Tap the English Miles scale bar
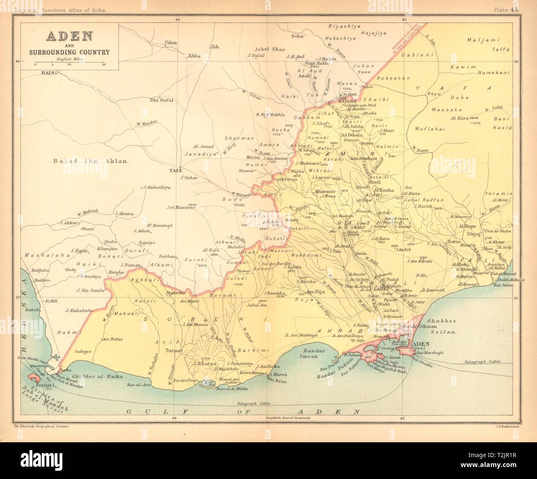tap(69, 62)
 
